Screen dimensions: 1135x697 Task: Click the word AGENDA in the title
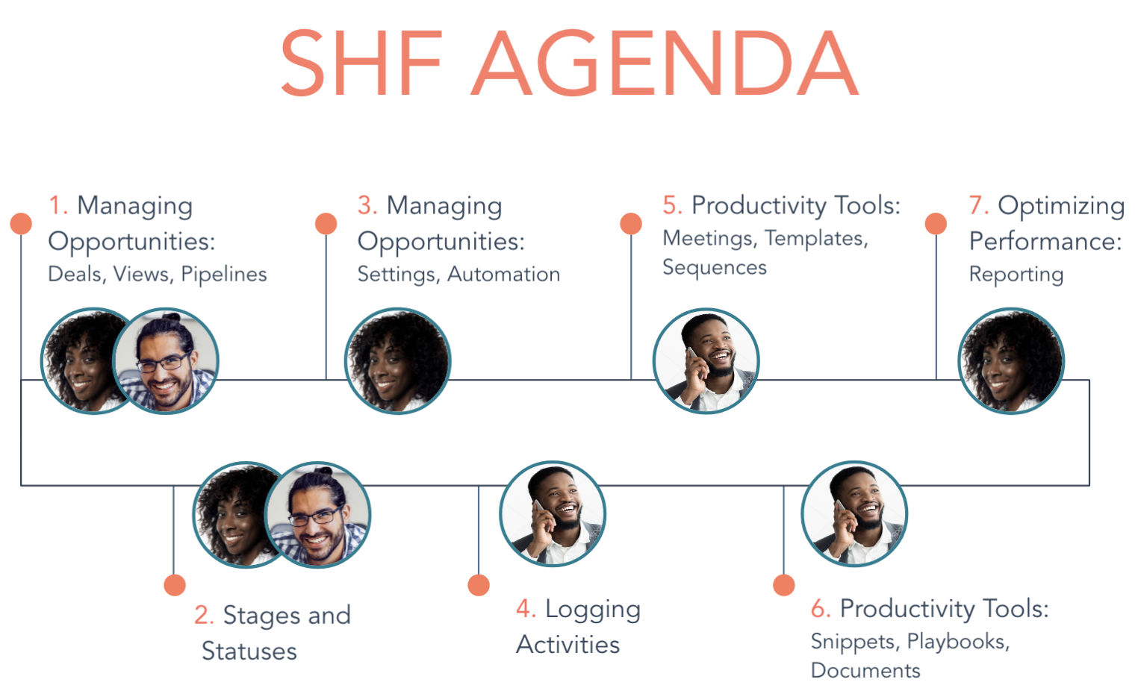(665, 63)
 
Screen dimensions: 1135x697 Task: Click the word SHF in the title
(361, 63)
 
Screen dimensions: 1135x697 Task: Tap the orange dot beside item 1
(21, 223)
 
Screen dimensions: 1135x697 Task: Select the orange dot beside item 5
(631, 223)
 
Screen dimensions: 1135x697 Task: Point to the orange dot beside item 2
(174, 585)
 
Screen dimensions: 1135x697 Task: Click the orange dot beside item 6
(784, 585)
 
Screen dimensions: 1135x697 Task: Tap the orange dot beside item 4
(479, 585)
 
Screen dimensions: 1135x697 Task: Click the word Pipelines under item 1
(223, 274)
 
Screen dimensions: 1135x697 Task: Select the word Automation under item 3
(503, 274)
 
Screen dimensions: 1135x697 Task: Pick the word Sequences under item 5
(715, 267)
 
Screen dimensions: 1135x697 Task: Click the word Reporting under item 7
(1016, 275)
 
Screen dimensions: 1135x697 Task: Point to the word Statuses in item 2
(249, 651)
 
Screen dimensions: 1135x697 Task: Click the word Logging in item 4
(593, 610)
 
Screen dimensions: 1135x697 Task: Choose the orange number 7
(978, 205)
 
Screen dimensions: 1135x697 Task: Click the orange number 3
(367, 205)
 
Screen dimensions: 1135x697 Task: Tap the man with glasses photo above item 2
(318, 515)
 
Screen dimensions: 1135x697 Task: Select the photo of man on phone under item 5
(706, 360)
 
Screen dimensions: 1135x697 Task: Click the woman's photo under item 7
(1011, 360)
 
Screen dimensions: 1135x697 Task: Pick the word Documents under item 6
(865, 671)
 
